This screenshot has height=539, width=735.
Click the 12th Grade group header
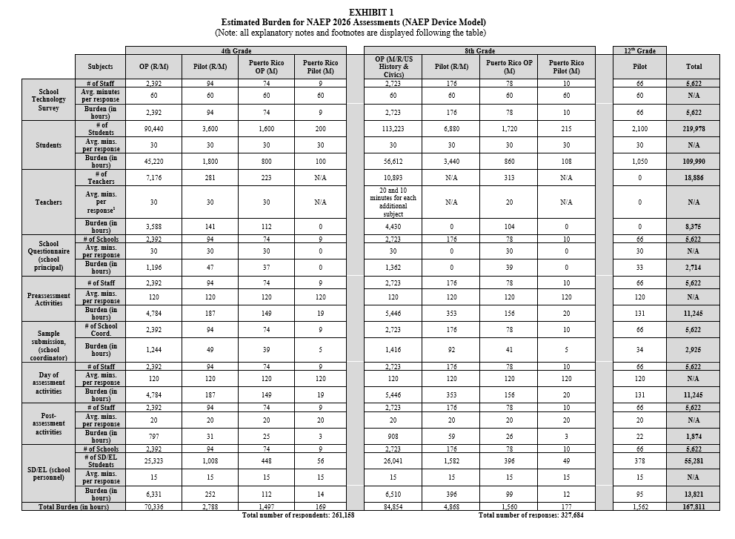point(639,50)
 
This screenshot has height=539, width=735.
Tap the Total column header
point(694,66)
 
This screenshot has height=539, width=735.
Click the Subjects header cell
point(100,66)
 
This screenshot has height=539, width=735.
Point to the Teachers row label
point(48,202)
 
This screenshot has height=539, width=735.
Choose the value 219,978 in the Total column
point(694,128)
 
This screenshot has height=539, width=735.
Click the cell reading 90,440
point(153,128)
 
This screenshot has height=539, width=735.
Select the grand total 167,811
point(694,507)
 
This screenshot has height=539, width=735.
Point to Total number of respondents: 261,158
point(298,515)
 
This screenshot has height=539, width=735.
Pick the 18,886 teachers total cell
point(694,179)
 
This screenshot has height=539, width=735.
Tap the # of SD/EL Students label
point(100,461)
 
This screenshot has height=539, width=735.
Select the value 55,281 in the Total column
point(694,461)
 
